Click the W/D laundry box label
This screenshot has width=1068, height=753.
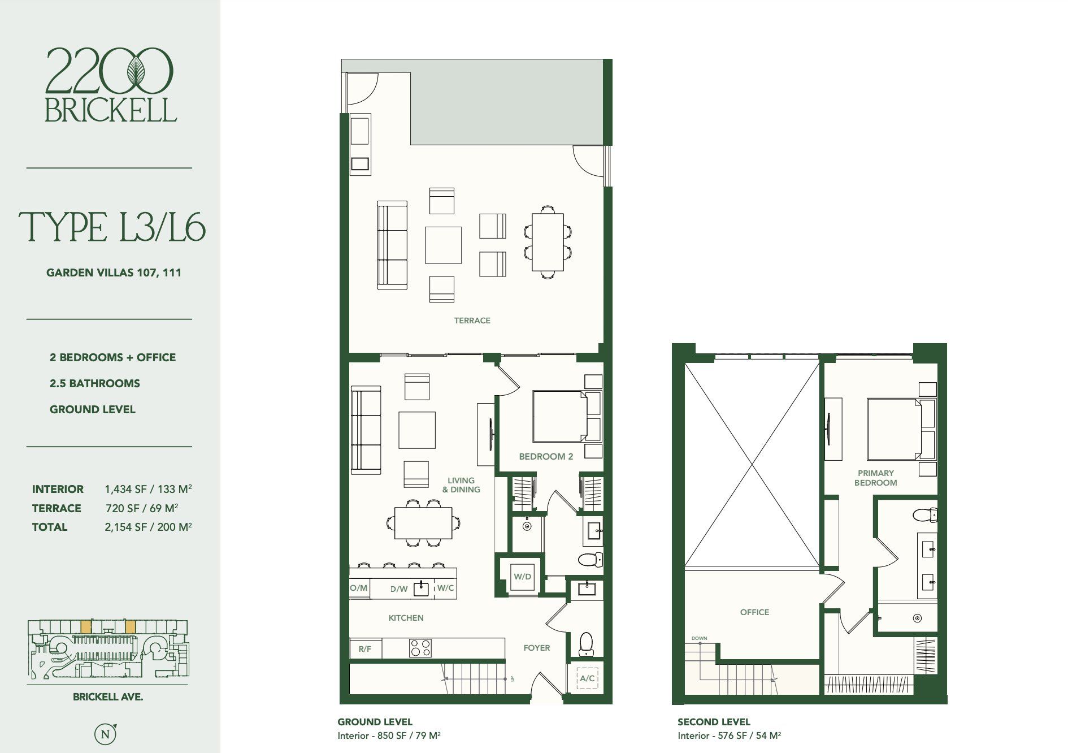click(x=522, y=577)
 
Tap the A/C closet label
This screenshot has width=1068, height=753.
click(x=587, y=678)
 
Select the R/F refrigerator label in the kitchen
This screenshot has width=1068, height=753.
click(x=365, y=648)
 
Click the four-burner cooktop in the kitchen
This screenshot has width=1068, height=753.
click(x=420, y=648)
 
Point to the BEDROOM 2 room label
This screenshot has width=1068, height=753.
click(x=546, y=456)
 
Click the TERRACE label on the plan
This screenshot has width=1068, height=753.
click(x=472, y=321)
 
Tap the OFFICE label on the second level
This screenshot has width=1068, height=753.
click(x=754, y=612)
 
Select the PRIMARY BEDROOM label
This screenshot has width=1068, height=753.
click(x=875, y=478)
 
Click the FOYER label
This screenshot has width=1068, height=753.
click(x=536, y=648)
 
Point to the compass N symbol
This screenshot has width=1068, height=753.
click(x=105, y=734)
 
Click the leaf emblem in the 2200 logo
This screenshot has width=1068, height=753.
click(x=136, y=71)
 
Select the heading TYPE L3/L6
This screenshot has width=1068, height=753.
click(x=112, y=227)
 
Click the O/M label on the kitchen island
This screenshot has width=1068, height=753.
click(x=359, y=588)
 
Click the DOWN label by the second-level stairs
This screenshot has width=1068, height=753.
click(x=699, y=638)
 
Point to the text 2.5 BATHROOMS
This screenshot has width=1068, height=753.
click(x=95, y=383)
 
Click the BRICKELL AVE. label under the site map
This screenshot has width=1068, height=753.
click(x=108, y=697)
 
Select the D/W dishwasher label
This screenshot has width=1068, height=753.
click(x=399, y=588)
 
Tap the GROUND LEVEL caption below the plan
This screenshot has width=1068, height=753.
click(x=375, y=722)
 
